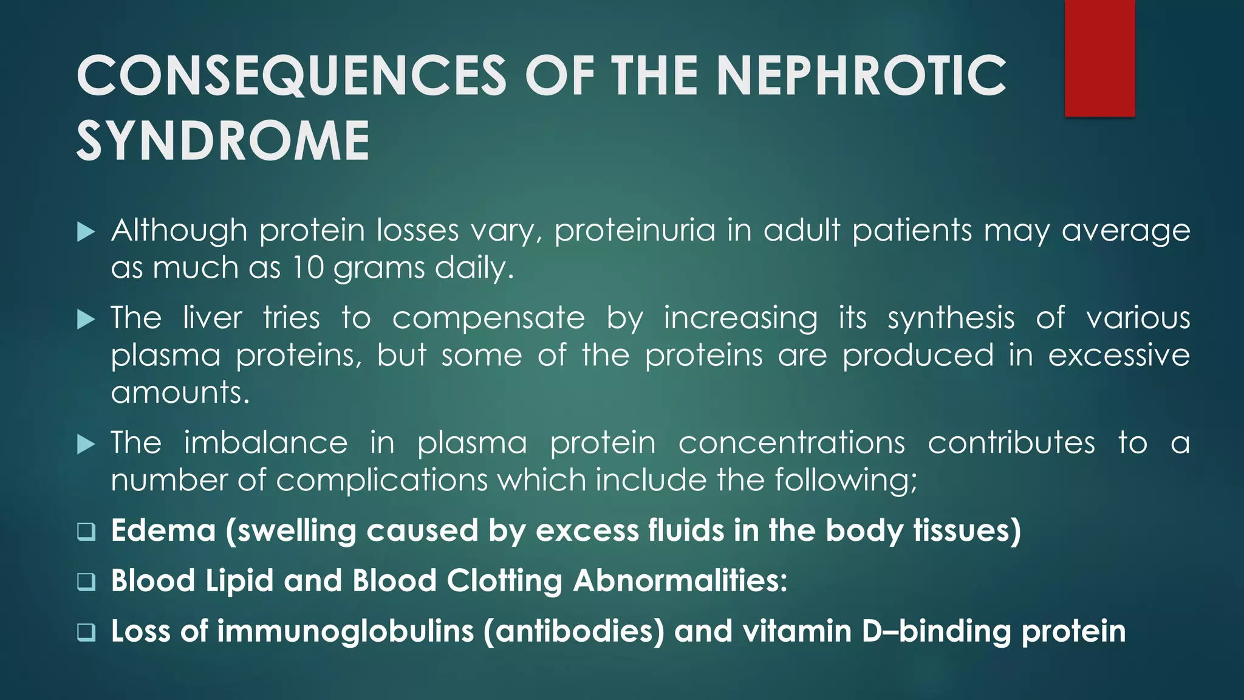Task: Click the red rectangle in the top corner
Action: [x=1099, y=58]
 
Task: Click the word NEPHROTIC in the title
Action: [x=861, y=76]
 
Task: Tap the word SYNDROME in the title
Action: [x=223, y=141]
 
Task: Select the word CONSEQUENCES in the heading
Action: [x=292, y=76]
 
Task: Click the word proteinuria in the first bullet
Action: [x=635, y=230]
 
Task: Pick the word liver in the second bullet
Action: [x=213, y=318]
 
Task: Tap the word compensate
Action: [x=488, y=318]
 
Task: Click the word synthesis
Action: [x=951, y=318]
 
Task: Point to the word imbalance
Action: [x=266, y=442]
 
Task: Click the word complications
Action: [x=382, y=480]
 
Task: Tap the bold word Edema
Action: [x=163, y=530]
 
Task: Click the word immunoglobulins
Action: [x=346, y=631]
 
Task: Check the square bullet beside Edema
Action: [x=86, y=532]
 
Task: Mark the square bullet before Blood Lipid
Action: [x=86, y=582]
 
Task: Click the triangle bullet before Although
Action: [x=86, y=232]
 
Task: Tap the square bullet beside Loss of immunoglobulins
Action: [x=86, y=632]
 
